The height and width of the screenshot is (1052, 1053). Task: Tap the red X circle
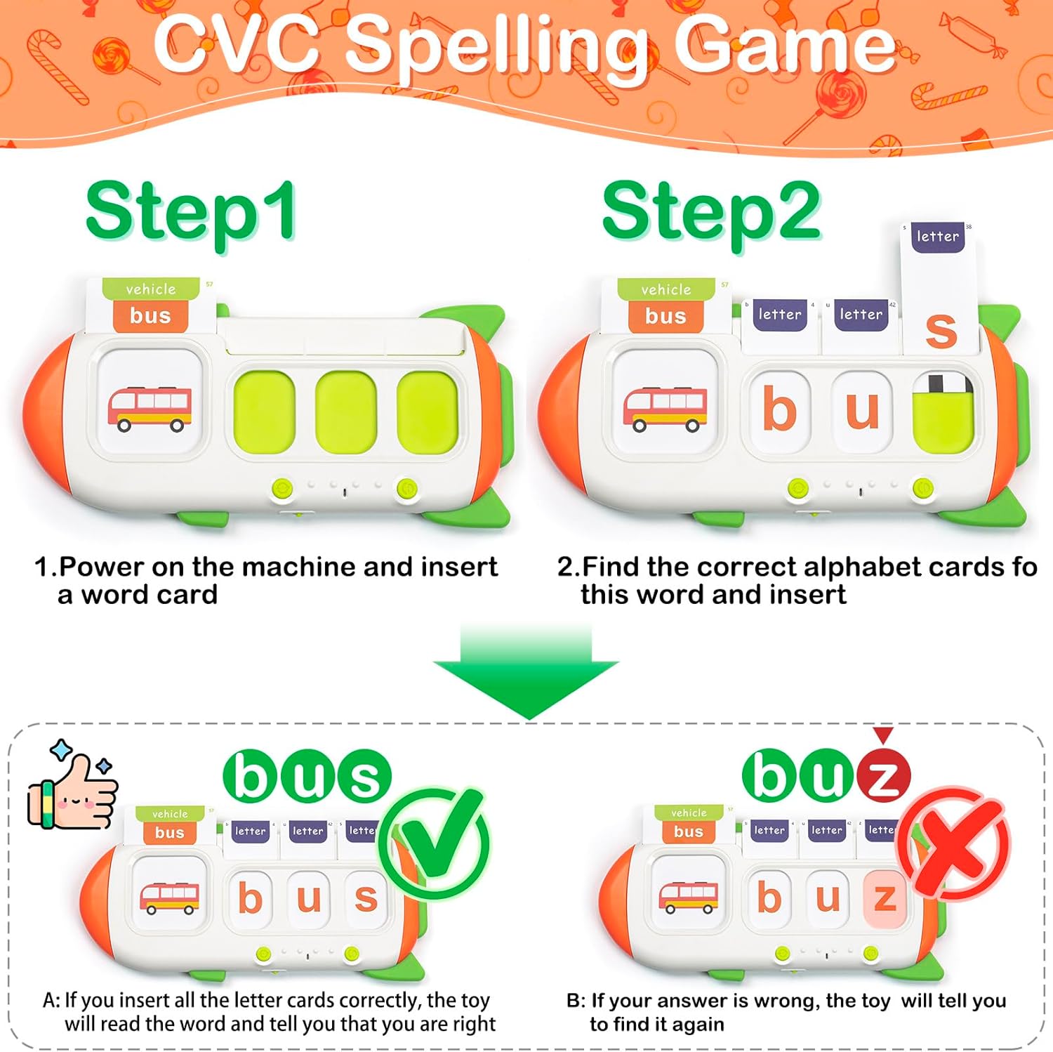(x=955, y=843)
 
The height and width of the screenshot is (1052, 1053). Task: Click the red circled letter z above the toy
(x=882, y=777)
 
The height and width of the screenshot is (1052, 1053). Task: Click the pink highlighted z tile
(x=885, y=898)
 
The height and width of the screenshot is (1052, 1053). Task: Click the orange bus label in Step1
(x=150, y=316)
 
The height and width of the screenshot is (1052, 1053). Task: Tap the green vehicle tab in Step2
(x=665, y=289)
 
